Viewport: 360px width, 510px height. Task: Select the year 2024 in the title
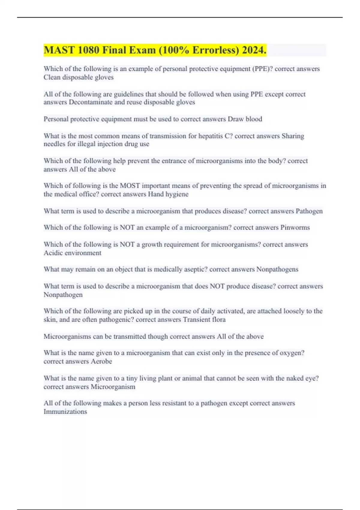tap(254, 50)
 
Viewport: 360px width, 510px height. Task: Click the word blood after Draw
tap(254, 119)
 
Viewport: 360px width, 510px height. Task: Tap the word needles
tap(54, 144)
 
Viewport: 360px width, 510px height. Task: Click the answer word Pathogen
tap(309, 211)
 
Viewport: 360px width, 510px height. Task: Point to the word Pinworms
tap(295, 227)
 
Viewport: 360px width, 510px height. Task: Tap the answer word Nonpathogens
tap(277, 269)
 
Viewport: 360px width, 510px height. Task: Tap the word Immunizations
tap(65, 412)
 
